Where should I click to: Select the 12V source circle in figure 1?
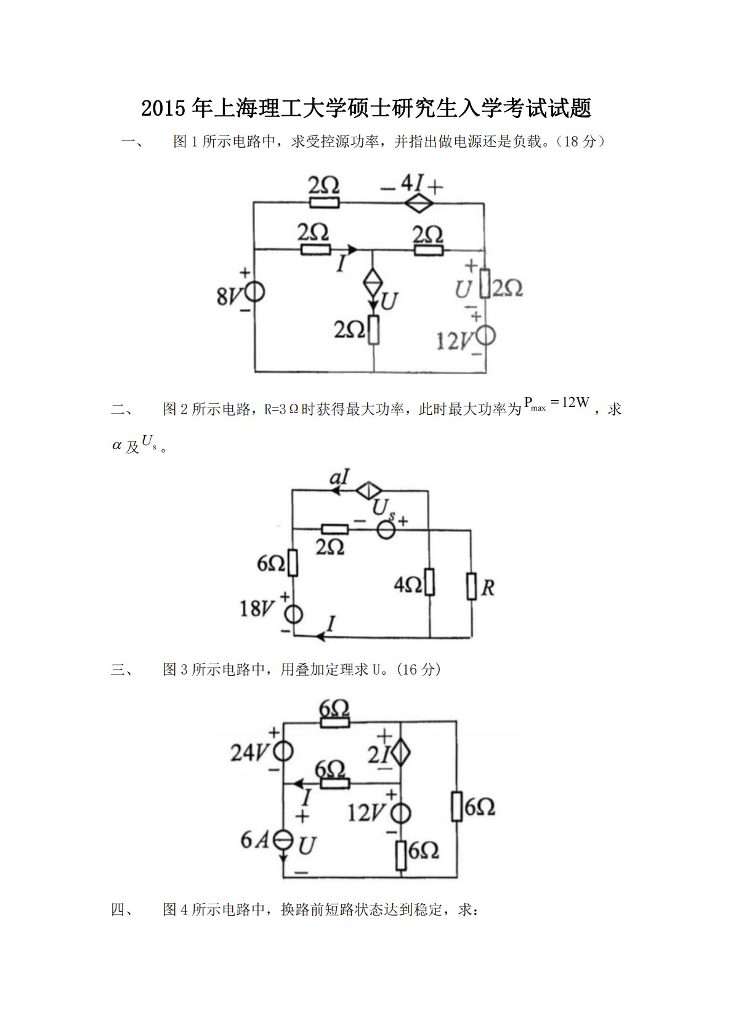point(485,336)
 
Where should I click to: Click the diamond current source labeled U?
point(373,284)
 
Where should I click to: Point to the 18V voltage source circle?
point(293,614)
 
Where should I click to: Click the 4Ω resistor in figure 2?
point(429,582)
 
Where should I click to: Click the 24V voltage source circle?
point(283,751)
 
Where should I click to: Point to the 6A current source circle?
point(283,841)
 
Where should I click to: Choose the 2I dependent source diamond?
point(400,752)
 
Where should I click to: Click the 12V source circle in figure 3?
point(400,814)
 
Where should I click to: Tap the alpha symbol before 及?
point(117,446)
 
